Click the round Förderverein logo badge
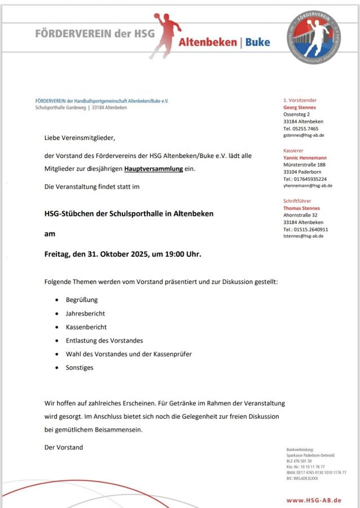314,37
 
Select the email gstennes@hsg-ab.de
303,135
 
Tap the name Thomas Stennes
301,208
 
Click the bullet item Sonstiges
80,367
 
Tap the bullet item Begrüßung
82,300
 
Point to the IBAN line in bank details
316,472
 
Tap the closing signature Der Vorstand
64,447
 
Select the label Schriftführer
297,200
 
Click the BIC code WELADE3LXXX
302,478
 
